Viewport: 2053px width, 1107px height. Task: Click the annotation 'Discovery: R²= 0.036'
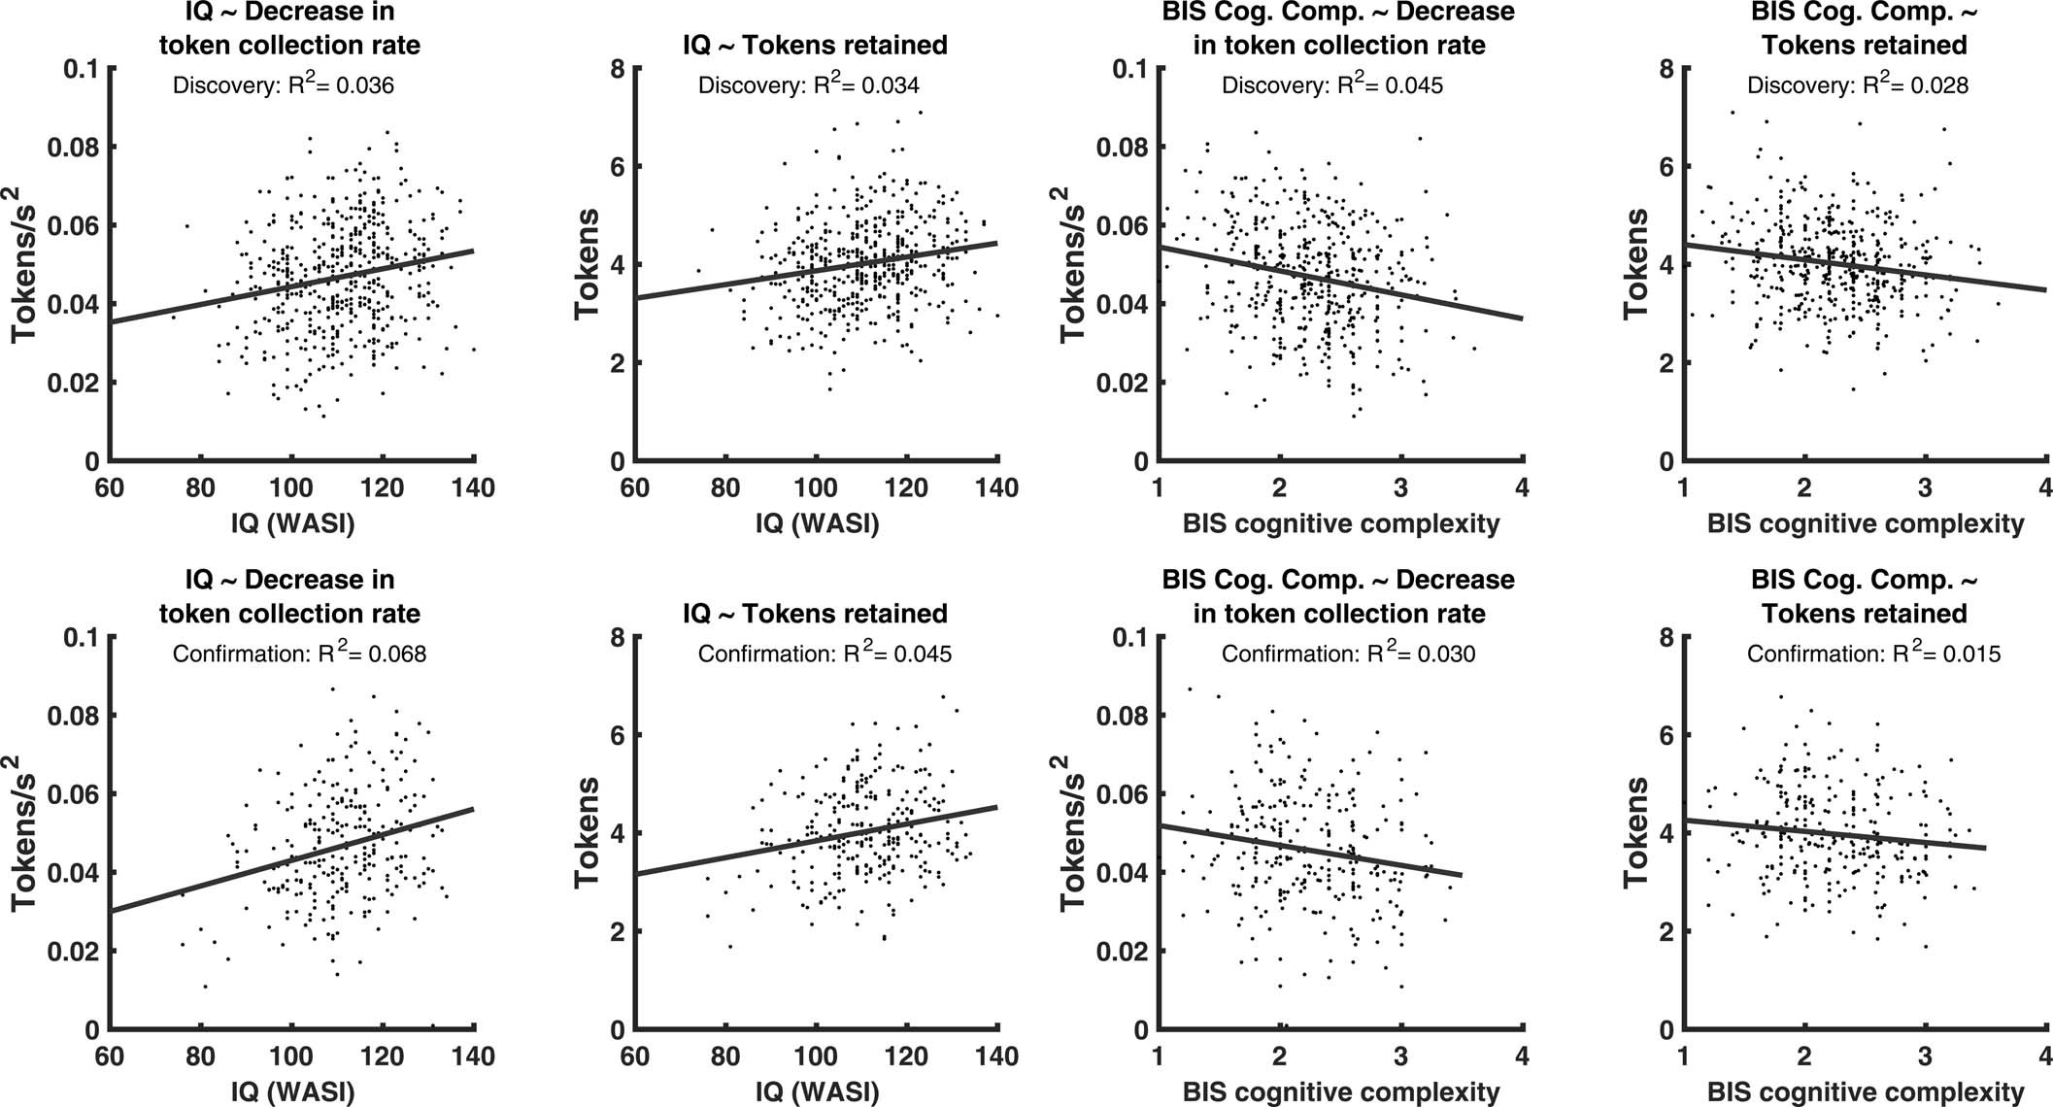pyautogui.click(x=283, y=85)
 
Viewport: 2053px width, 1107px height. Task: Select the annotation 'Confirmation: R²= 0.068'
pyautogui.click(x=299, y=654)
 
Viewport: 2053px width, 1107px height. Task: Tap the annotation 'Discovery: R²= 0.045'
pyautogui.click(x=1331, y=85)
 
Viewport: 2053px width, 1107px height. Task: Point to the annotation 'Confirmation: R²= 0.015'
pyautogui.click(x=1873, y=654)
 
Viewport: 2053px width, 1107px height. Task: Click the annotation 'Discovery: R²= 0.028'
pyautogui.click(x=1857, y=85)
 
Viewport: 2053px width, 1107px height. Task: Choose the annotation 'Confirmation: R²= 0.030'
pyautogui.click(x=1348, y=654)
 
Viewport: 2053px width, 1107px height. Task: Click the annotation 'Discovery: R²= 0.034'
pyautogui.click(x=808, y=85)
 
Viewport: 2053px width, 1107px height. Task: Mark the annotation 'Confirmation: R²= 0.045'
pyautogui.click(x=825, y=654)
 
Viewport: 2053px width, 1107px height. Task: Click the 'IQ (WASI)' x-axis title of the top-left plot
pyautogui.click(x=291, y=524)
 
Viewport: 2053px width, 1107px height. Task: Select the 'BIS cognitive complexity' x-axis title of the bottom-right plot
pyautogui.click(x=1865, y=1092)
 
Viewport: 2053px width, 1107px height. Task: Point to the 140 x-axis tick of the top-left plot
pyautogui.click(x=474, y=487)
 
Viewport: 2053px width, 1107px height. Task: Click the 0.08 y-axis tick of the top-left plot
pyautogui.click(x=76, y=148)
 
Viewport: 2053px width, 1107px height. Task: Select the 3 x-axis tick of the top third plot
pyautogui.click(x=1400, y=487)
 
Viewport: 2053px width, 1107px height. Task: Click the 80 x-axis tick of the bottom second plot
pyautogui.click(x=725, y=1056)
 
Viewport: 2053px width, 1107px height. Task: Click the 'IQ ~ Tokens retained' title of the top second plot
pyautogui.click(x=816, y=45)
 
